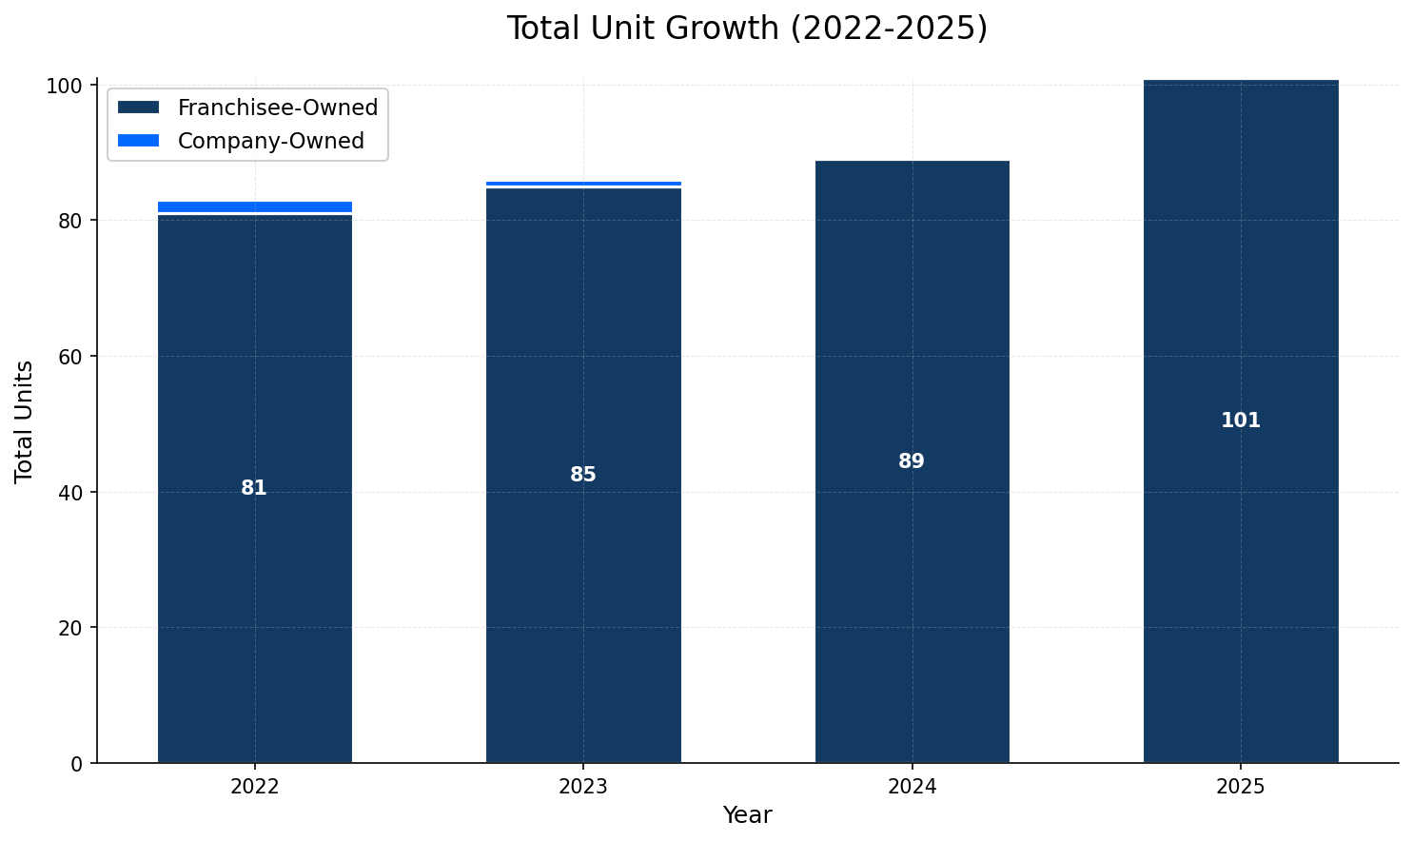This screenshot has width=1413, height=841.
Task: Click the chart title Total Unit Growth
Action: [747, 29]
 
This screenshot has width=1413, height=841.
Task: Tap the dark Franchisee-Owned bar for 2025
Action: [1240, 571]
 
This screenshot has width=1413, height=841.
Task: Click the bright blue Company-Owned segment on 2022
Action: [254, 206]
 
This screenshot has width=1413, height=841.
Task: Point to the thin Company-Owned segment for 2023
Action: [583, 184]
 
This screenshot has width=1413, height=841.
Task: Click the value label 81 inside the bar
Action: [254, 488]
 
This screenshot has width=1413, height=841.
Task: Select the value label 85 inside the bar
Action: [583, 475]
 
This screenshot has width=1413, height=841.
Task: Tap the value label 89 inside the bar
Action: [912, 461]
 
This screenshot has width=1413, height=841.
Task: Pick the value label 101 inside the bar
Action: [1240, 420]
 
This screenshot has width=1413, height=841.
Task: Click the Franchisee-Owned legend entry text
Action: [277, 108]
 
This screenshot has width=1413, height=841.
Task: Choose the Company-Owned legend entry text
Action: [270, 141]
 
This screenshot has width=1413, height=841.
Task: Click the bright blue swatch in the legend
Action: [138, 141]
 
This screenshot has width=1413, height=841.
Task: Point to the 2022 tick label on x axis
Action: [254, 787]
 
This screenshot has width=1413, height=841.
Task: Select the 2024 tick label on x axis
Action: [912, 787]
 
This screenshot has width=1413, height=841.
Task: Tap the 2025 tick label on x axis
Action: [1240, 787]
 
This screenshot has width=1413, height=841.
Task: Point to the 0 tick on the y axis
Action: [79, 764]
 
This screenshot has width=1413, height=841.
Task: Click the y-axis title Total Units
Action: [25, 420]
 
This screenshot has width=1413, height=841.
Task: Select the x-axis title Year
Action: [747, 815]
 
